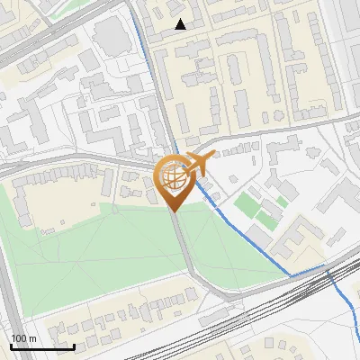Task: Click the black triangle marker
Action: (181, 24)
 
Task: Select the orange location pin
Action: (174, 181)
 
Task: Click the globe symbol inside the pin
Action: (173, 175)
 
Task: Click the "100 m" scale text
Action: (24, 338)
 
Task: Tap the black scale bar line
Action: (42, 346)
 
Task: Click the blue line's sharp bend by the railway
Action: (327, 267)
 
